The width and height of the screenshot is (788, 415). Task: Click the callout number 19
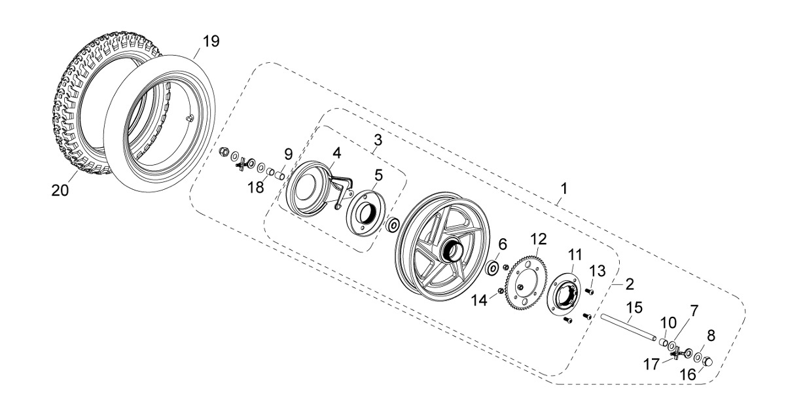(210, 42)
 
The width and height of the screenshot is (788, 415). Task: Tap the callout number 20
(61, 190)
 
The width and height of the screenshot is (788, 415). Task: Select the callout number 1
(563, 189)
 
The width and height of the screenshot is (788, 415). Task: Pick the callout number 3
(378, 141)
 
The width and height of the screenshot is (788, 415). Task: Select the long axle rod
(628, 327)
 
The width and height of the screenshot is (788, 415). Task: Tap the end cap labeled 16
(707, 360)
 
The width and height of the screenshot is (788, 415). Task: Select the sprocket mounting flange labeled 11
(564, 291)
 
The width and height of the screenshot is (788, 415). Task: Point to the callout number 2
(630, 284)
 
